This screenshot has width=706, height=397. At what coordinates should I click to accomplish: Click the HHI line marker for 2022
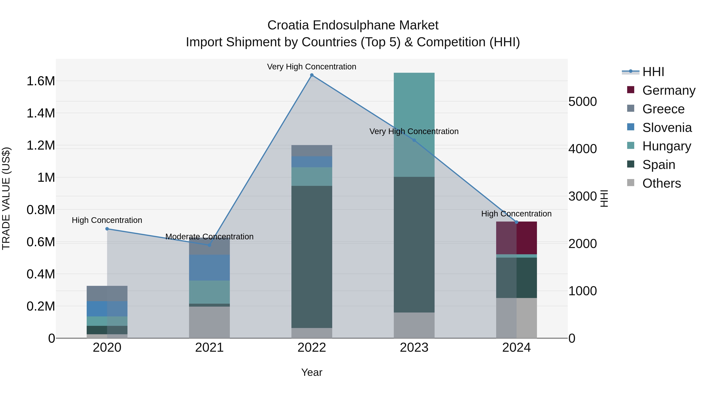312,75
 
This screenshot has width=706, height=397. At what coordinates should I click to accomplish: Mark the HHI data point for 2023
414,140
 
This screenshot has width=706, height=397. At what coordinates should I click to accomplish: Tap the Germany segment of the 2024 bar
516,238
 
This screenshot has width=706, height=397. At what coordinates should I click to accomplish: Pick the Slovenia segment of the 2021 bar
209,268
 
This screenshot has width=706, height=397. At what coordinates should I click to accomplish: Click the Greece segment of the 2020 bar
107,293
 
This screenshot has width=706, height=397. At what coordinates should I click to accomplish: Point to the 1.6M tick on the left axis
41,81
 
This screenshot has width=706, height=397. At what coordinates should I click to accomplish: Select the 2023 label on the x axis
414,348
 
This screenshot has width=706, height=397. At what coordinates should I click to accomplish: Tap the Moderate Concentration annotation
209,236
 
